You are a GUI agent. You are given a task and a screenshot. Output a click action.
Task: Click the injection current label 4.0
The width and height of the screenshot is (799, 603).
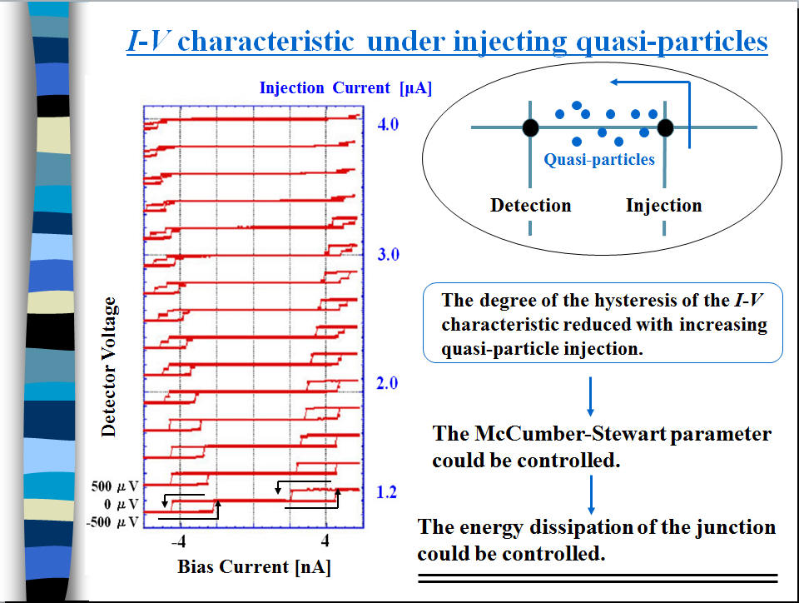(388, 124)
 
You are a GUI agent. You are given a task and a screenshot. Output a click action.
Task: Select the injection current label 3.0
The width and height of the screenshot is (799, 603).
(388, 254)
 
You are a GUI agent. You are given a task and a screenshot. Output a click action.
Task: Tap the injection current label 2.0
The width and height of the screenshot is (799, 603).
(387, 383)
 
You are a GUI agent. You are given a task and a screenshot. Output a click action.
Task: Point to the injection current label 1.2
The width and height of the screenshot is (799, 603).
(386, 492)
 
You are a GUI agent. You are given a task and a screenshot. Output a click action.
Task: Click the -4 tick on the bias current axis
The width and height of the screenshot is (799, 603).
(178, 541)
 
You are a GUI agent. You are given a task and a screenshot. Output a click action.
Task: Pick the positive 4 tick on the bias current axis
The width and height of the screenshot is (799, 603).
(325, 540)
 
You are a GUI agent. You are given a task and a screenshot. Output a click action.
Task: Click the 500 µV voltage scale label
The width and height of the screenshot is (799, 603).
(115, 486)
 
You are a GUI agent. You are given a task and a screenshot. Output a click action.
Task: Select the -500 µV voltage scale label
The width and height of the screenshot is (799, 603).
(112, 522)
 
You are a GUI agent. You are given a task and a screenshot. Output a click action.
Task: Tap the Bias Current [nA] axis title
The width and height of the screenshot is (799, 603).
(254, 567)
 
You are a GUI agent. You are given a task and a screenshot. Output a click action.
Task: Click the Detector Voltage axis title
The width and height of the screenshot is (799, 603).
(108, 367)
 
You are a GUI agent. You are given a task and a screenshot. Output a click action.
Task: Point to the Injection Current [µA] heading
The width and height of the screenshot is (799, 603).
(345, 87)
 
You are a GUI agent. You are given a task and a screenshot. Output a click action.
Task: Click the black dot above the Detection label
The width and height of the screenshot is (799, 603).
(530, 127)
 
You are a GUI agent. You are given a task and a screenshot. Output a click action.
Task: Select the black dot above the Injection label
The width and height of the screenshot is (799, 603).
(665, 127)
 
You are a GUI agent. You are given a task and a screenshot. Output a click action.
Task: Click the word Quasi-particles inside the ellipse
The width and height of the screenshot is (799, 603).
(599, 160)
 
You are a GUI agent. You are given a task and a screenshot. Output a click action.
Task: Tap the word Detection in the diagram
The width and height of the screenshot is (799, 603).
(530, 206)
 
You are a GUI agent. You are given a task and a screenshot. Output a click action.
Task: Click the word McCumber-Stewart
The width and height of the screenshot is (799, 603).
(570, 434)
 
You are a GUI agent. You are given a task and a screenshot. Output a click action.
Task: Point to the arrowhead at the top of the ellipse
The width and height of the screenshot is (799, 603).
(614, 82)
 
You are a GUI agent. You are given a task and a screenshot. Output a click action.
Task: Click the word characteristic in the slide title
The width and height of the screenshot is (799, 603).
(266, 41)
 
